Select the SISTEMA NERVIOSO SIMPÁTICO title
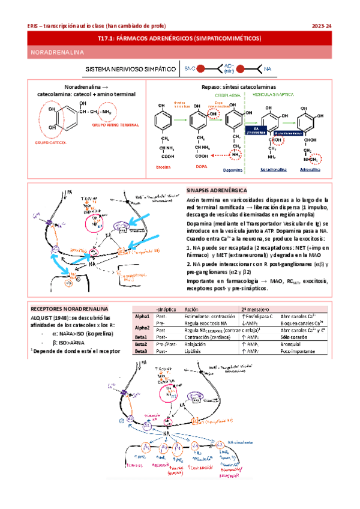coord(131,70)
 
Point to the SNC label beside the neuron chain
coord(190,70)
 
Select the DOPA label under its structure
coord(197,167)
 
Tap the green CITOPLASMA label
coord(227,95)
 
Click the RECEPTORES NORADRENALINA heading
coord(64,306)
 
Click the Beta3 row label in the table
coord(142,351)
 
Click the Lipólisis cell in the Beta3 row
coord(194,351)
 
